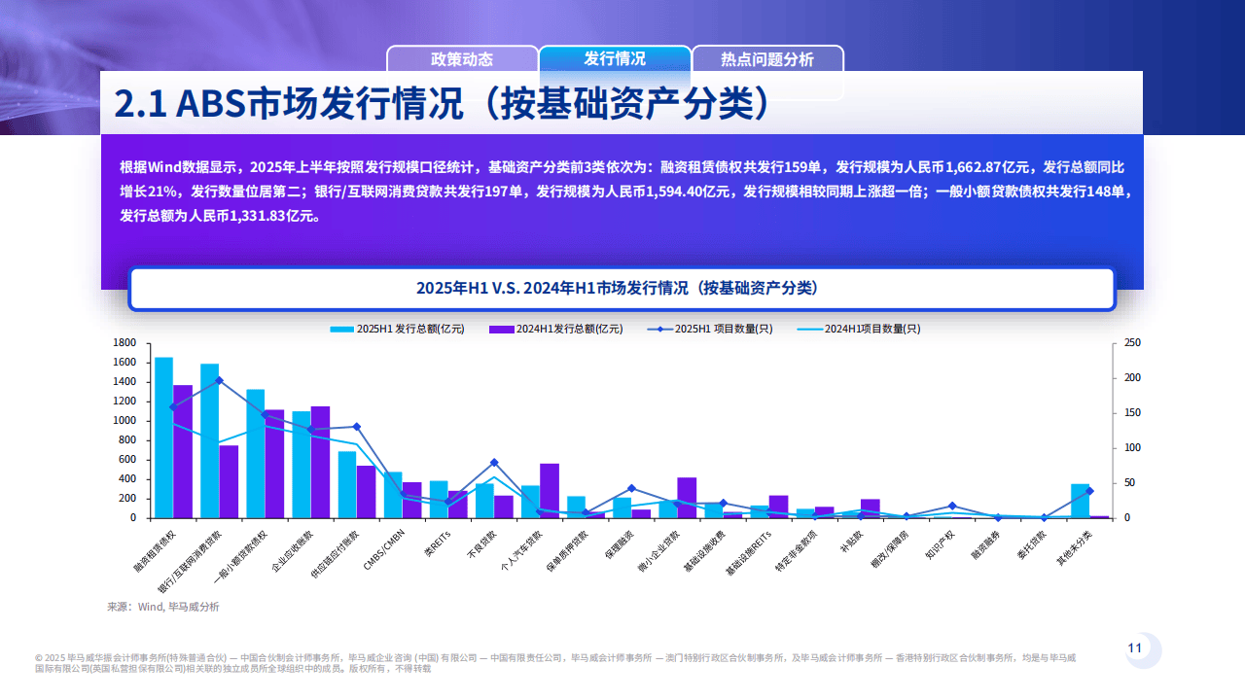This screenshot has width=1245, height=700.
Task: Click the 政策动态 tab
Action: pyautogui.click(x=462, y=59)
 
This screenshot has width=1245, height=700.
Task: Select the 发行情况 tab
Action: pyautogui.click(x=615, y=58)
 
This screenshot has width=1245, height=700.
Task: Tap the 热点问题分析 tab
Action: pyautogui.click(x=767, y=59)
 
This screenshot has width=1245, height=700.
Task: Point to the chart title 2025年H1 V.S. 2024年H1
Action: pyautogui.click(x=622, y=289)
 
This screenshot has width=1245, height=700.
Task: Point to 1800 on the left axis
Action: pyautogui.click(x=124, y=343)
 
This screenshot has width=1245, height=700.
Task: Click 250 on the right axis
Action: pyautogui.click(x=1133, y=343)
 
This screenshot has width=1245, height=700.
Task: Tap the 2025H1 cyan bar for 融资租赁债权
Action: pyautogui.click(x=163, y=437)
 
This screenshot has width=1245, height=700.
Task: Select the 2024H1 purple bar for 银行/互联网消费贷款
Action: pyautogui.click(x=229, y=481)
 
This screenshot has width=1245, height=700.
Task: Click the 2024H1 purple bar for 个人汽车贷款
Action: pyautogui.click(x=550, y=490)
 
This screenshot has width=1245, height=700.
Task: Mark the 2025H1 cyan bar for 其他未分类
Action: pyautogui.click(x=1080, y=501)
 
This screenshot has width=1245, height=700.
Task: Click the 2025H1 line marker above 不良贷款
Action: pyautogui.click(x=494, y=463)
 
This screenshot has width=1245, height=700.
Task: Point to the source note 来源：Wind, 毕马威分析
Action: pyautogui.click(x=163, y=607)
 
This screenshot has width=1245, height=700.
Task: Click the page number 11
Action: pyautogui.click(x=1134, y=648)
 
